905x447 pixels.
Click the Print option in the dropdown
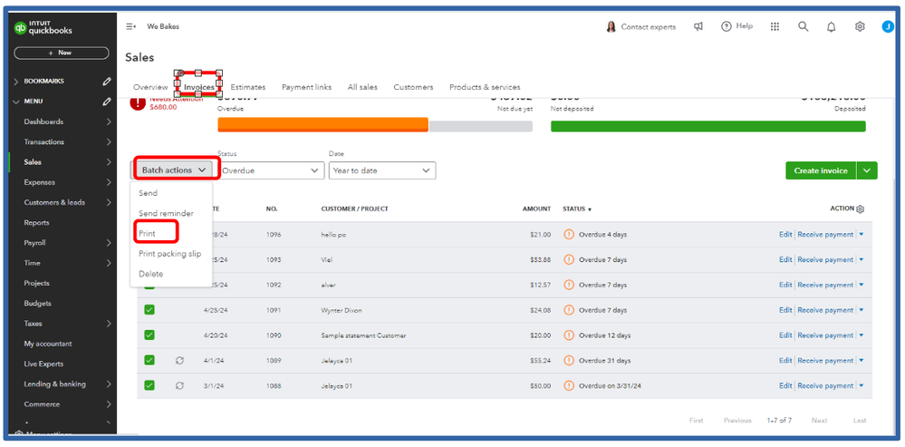147,234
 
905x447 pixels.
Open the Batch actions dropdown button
175,170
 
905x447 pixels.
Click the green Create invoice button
820,170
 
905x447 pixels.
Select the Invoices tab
199,87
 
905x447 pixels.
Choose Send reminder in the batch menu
166,213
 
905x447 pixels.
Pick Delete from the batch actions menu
150,274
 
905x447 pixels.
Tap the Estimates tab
248,87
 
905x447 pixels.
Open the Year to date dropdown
381,170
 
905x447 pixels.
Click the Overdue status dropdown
270,170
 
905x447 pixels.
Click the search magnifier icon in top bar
803,27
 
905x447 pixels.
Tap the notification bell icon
831,27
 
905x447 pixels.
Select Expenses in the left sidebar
40,182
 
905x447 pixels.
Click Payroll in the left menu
35,243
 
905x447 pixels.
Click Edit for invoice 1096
785,235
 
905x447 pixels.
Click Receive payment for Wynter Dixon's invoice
824,310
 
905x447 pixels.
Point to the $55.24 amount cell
539,360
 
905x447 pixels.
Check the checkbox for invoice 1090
149,335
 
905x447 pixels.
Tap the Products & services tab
485,87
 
